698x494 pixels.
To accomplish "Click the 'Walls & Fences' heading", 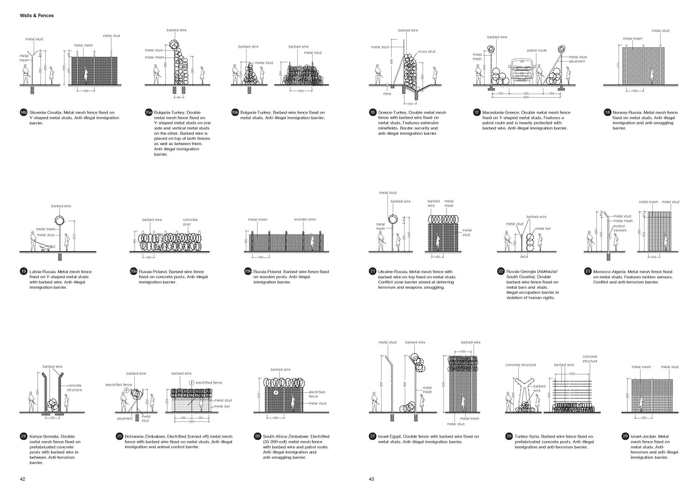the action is click(37, 15).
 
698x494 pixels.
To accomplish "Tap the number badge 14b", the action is click(24, 113).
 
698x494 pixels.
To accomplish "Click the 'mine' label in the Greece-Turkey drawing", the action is click(387, 94).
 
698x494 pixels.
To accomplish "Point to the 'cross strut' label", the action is click(426, 52).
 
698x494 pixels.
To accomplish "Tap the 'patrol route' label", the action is click(537, 50).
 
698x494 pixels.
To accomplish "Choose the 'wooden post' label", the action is click(305, 219).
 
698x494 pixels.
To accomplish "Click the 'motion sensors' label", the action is click(620, 228).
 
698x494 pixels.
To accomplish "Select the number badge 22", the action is click(501, 271).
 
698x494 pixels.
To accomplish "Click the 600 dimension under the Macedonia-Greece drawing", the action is click(526, 97).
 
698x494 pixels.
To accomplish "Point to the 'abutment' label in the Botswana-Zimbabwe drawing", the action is click(125, 419).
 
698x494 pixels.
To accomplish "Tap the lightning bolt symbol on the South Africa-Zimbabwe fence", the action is click(276, 392).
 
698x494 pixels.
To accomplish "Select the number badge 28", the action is click(509, 436).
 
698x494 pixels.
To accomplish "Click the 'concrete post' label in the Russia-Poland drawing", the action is click(190, 222).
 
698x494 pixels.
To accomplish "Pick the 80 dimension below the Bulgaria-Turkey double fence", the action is click(179, 97).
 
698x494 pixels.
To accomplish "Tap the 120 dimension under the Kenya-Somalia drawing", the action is click(52, 418).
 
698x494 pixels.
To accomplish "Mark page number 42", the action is click(23, 479).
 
